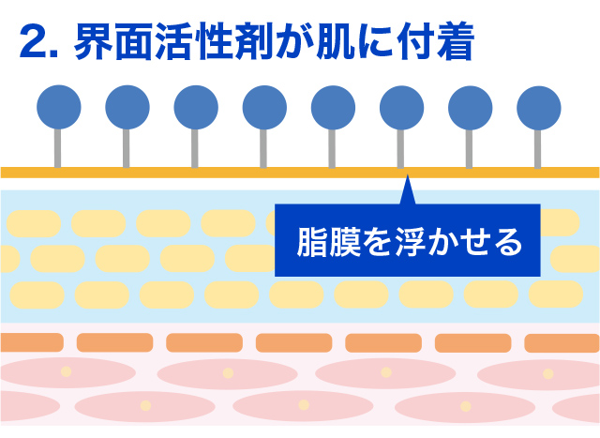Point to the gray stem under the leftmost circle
tap(58, 147)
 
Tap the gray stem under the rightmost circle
tap(538, 147)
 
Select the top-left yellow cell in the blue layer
tap(34, 222)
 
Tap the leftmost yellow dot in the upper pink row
tap(66, 372)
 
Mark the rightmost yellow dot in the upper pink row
tap(547, 372)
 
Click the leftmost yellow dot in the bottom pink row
tap(144, 405)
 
